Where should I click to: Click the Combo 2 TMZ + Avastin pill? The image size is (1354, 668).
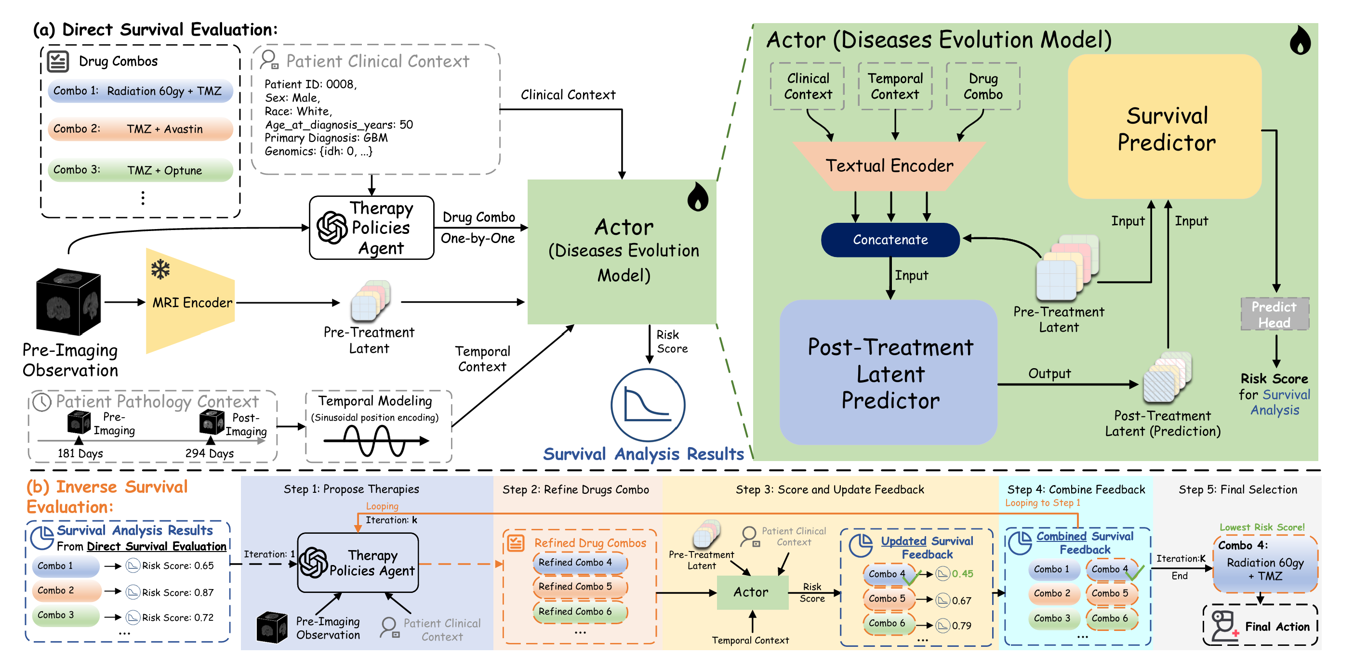[x=140, y=129]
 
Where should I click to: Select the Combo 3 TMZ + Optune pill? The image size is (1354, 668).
[x=140, y=170]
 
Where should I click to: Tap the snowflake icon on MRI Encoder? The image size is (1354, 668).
[x=160, y=270]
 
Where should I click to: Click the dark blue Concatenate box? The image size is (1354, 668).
[x=890, y=240]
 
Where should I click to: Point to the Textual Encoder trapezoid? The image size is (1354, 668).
[x=889, y=166]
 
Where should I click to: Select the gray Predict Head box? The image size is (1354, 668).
[x=1274, y=314]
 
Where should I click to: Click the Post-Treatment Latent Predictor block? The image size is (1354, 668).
[x=889, y=373]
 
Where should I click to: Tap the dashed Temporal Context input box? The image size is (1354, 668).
[x=895, y=86]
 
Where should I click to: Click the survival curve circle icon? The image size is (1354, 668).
[x=647, y=404]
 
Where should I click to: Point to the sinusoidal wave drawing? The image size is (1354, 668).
[x=375, y=440]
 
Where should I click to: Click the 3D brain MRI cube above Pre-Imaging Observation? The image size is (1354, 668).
[x=68, y=301]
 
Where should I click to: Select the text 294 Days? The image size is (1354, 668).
[x=209, y=453]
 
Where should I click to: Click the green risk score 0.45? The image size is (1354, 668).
[x=962, y=574]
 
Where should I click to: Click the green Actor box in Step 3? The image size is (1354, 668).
[x=752, y=592]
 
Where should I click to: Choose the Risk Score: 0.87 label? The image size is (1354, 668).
[x=178, y=592]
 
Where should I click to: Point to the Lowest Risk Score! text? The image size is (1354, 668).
[x=1261, y=527]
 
